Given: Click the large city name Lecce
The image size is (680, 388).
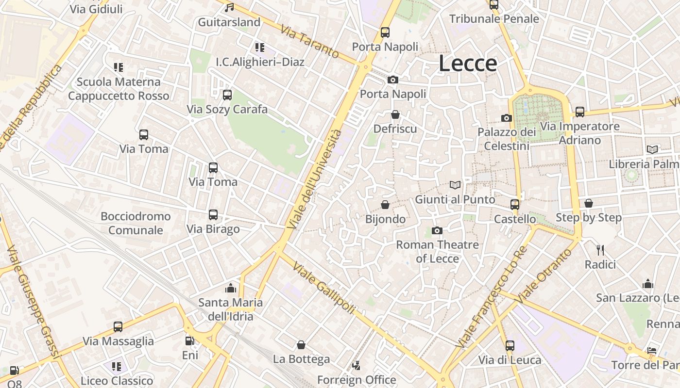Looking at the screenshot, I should point(468,64).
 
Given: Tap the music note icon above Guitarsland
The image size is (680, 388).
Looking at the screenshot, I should point(230,7).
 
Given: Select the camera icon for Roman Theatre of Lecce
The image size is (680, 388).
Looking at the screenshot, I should point(437,230).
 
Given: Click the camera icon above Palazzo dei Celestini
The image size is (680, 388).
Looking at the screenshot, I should point(507,118).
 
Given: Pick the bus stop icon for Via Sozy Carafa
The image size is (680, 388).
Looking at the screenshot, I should point(227,95).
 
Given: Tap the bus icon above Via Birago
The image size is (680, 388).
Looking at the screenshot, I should point(213,215).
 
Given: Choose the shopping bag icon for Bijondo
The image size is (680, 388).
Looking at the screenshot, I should point(385,205).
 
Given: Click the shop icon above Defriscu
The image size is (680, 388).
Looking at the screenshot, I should point(395,114).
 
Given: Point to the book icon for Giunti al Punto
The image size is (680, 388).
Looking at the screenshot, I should point(455,185).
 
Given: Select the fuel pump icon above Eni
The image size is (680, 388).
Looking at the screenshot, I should point(190,341).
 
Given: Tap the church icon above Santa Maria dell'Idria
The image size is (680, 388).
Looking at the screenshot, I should point(231,288).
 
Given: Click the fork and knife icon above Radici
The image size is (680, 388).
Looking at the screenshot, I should point(600,250).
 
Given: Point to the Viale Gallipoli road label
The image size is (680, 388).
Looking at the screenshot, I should point(324,289).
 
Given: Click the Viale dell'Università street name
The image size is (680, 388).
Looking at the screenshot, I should point(314,179).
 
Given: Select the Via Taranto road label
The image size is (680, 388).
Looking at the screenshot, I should point(309,42).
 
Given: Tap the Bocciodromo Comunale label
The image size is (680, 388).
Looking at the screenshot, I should point(136,223).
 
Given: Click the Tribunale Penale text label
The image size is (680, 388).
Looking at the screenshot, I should point(494,19).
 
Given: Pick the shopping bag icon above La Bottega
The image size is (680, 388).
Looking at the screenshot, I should point(301,345).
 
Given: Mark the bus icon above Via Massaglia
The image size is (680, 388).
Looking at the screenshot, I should point(118,327).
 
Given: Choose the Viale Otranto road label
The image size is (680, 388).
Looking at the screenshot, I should point(544,276).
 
